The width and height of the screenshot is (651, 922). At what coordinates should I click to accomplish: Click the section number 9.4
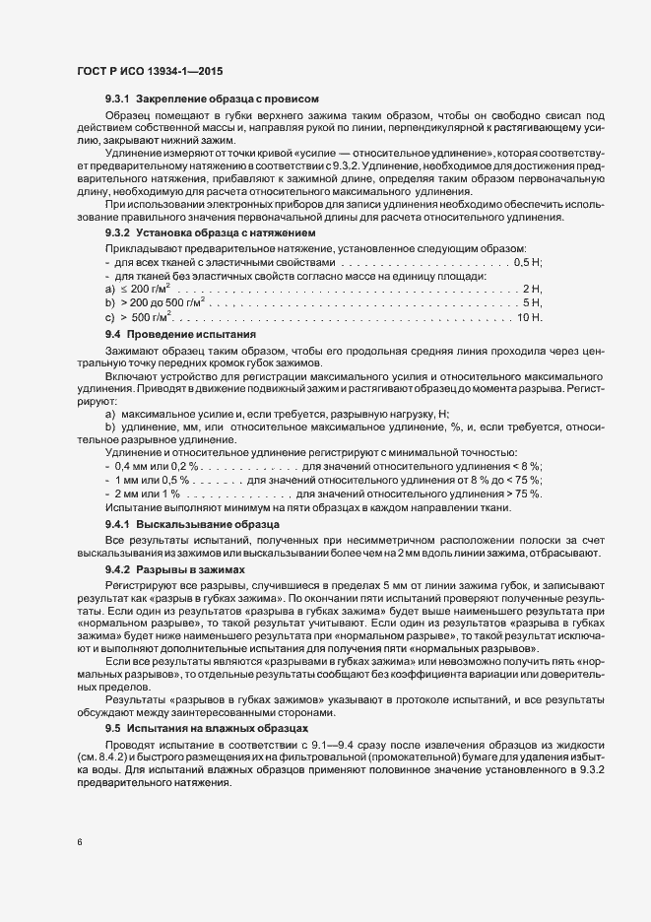pos(112,336)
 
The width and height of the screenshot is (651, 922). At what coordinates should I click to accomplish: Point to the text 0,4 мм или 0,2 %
pos(159,465)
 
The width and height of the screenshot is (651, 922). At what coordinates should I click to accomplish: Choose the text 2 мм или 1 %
pos(148,493)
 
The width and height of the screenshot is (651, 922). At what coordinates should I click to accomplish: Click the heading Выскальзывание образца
pos(201,525)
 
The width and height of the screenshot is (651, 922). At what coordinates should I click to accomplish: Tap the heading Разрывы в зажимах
pos(188,569)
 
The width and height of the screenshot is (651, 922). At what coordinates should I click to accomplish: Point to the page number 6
pos(78,841)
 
